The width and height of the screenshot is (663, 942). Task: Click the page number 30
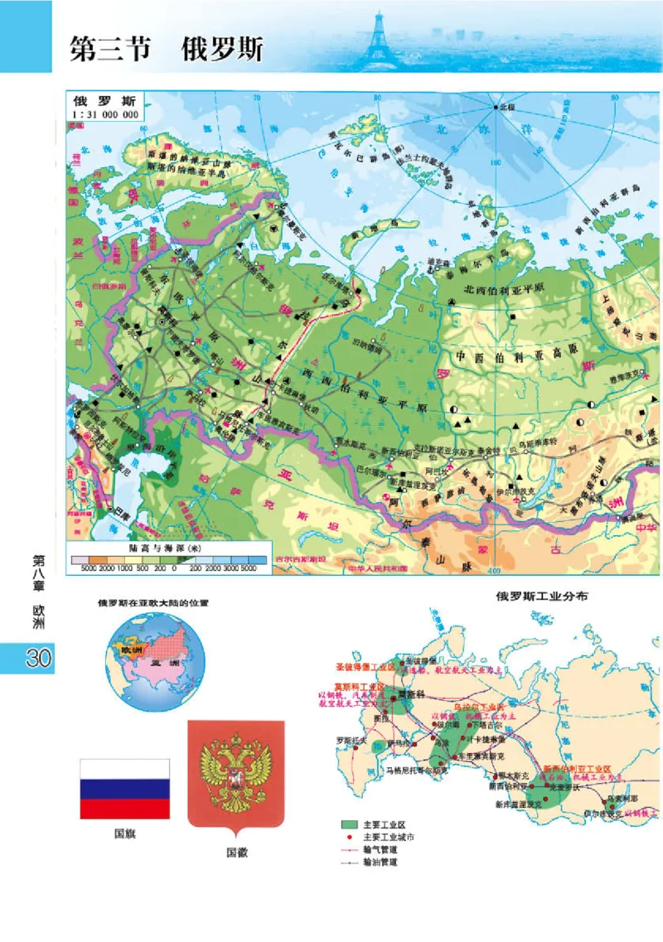click(x=39, y=659)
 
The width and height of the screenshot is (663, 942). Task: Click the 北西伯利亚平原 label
click(x=505, y=289)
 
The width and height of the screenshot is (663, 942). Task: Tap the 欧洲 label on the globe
click(x=133, y=650)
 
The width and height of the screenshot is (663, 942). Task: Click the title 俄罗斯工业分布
click(x=542, y=597)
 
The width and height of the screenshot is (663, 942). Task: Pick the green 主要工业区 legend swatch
click(x=349, y=825)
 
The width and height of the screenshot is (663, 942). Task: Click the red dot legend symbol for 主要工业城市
click(x=349, y=838)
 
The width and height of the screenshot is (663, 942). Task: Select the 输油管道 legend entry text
click(x=380, y=862)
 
